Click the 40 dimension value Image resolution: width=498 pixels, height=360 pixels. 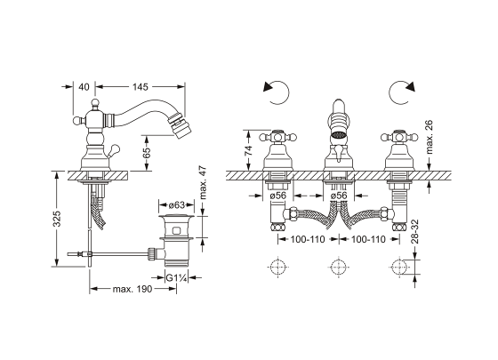pos(84,87)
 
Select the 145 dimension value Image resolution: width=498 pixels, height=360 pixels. pos(141,87)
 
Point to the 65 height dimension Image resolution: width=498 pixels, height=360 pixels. pos(147,153)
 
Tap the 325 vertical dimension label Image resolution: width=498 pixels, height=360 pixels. pos(57,219)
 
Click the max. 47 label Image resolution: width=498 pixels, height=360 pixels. pos(204,183)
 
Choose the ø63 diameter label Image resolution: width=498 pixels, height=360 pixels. pos(176,205)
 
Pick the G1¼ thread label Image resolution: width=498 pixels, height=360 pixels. pos(176,278)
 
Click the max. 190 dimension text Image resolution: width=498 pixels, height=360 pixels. pos(133,289)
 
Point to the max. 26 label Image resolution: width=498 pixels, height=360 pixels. pos(429,137)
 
